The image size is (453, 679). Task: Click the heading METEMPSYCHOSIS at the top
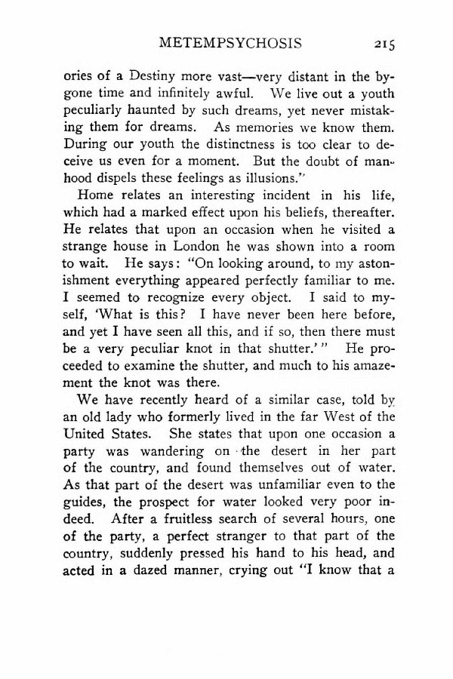pos(230,43)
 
